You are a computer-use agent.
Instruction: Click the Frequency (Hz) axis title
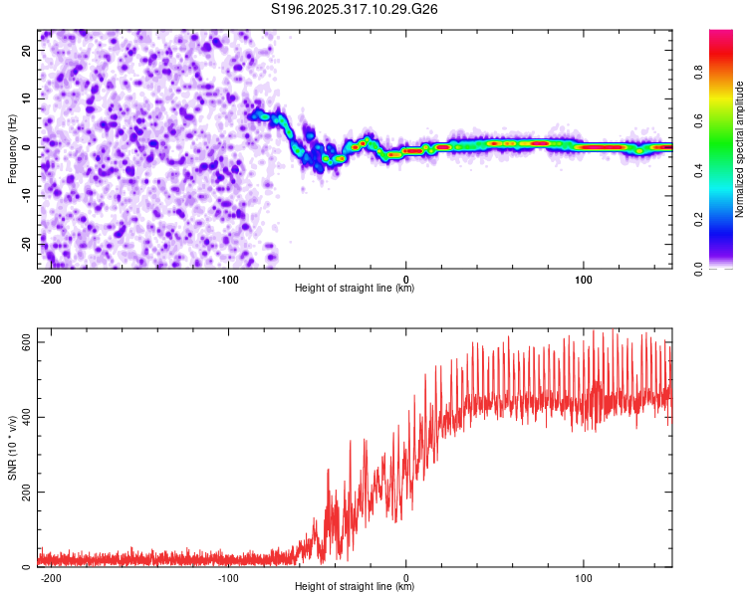[12, 148]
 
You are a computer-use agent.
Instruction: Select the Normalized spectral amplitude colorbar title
[739, 149]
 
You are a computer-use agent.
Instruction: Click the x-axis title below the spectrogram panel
[355, 289]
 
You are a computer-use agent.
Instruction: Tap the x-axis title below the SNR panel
[355, 587]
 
